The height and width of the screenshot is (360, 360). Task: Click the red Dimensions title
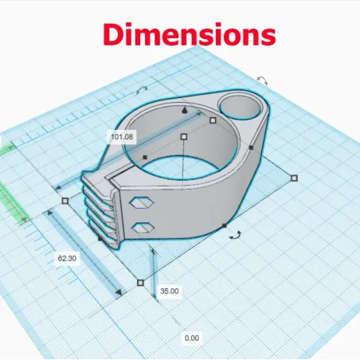click(x=190, y=34)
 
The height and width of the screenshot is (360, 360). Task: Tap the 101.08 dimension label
click(x=122, y=137)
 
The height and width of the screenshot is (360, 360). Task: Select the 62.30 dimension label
click(x=67, y=258)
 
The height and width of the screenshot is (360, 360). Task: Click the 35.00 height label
click(x=170, y=292)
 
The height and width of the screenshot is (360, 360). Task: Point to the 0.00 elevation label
click(x=192, y=338)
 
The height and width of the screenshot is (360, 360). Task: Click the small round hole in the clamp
click(x=241, y=107)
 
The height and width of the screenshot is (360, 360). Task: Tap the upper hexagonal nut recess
click(x=142, y=203)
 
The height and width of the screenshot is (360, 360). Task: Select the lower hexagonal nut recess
click(x=143, y=228)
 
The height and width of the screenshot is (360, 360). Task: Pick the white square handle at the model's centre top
click(x=184, y=137)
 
